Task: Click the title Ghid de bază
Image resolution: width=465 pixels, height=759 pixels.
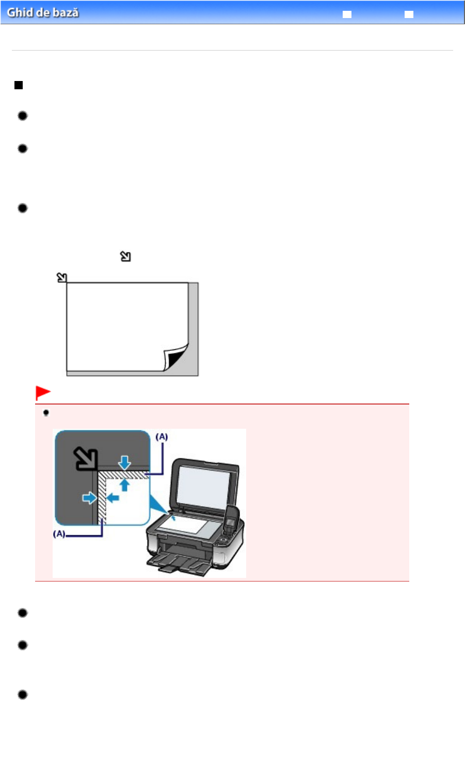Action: point(43,12)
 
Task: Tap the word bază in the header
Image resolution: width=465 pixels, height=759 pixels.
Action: point(65,12)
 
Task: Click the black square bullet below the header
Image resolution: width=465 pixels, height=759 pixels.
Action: point(19,85)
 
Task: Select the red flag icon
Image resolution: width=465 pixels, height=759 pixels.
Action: point(42,393)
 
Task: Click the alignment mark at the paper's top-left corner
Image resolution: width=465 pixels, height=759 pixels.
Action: point(62,278)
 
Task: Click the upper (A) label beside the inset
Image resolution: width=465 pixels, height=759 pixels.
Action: point(162,437)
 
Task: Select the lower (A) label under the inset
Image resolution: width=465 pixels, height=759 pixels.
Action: point(59,534)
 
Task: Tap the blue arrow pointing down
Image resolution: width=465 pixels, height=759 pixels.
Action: point(124,462)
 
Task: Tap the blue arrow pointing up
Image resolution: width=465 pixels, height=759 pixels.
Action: point(124,485)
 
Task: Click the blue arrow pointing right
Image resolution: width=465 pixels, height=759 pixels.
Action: point(89,498)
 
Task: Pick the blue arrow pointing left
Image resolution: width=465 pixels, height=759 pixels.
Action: point(113,498)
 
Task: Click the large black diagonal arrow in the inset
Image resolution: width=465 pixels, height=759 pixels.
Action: point(85,458)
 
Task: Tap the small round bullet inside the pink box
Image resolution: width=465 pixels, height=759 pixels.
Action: point(46,413)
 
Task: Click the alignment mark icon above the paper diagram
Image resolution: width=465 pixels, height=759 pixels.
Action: point(125,256)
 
